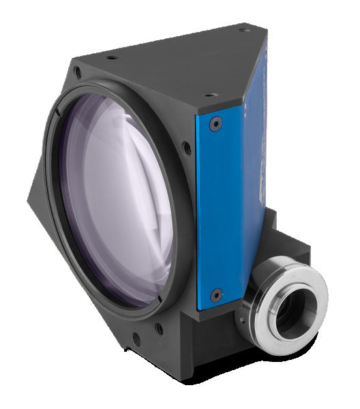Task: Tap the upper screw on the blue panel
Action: [x=215, y=125]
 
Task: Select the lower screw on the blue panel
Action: [x=216, y=295]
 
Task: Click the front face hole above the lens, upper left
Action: [x=78, y=71]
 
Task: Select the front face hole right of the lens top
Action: [x=186, y=145]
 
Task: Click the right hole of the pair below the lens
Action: [x=158, y=329]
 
